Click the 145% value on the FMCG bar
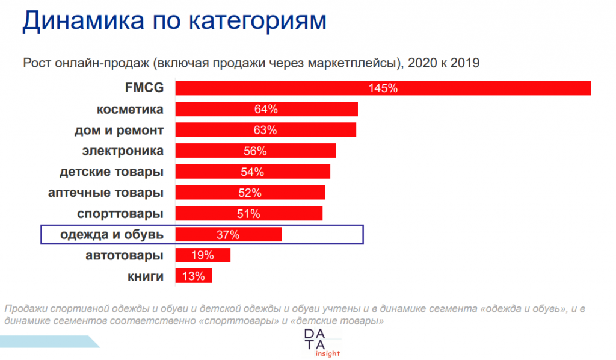click(383, 88)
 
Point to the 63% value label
click(265, 130)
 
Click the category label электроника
click(123, 151)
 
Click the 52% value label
click(249, 193)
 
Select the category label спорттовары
click(120, 214)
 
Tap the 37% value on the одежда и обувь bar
click(228, 235)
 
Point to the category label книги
click(145, 276)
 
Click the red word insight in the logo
click(327, 353)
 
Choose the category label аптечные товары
click(106, 193)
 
